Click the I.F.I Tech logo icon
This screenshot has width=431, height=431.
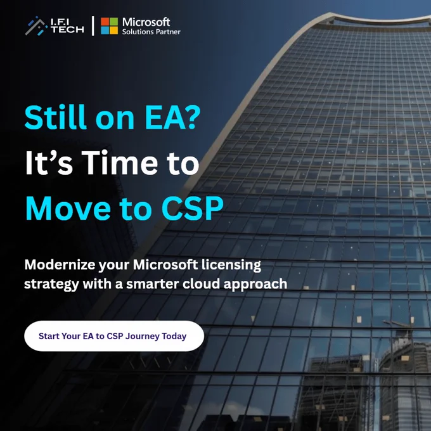[x=36, y=26]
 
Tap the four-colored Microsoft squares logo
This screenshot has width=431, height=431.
[x=109, y=26]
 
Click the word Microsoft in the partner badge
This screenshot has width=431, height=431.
[x=146, y=22]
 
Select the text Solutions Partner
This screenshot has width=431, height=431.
[x=151, y=32]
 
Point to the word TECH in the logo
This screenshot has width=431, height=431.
[x=68, y=29]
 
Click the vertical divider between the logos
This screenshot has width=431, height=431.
[x=93, y=26]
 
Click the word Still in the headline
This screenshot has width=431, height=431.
[x=56, y=117]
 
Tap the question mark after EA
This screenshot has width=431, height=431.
[x=191, y=117]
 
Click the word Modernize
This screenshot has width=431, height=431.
[x=60, y=265]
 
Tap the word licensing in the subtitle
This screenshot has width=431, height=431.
[x=231, y=265]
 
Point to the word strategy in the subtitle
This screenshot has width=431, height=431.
[x=51, y=284]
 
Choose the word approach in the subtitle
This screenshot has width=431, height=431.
[x=255, y=284]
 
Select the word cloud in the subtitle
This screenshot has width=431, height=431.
[x=201, y=283]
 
